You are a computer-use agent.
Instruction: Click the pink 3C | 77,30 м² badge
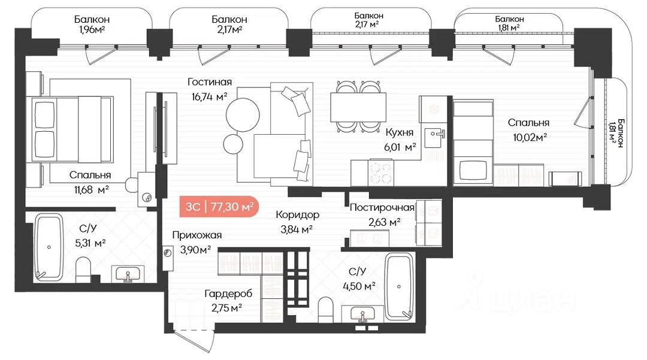point(219,206)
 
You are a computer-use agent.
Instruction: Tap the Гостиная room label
point(210,82)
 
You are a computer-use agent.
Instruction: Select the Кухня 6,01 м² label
point(400,140)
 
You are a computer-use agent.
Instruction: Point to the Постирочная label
point(382,207)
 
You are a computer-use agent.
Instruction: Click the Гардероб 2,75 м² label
point(228,301)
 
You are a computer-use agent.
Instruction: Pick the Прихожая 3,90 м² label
point(197,242)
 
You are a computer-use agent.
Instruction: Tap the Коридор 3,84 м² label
point(297,222)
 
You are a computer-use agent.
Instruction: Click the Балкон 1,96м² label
point(92,24)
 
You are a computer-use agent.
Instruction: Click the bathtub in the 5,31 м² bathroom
point(49,247)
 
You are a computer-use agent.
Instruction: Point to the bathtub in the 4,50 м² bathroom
point(398,286)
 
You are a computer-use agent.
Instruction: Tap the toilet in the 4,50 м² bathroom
point(325,310)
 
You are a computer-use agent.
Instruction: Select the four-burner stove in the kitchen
point(381,173)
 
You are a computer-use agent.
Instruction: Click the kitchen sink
point(434,137)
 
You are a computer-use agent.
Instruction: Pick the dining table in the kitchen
point(358,107)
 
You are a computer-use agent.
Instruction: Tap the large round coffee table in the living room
point(243,114)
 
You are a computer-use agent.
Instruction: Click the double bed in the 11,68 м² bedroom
point(70,129)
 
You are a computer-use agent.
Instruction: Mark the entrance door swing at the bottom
point(194,341)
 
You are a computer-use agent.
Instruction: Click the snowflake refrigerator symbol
point(434,110)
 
